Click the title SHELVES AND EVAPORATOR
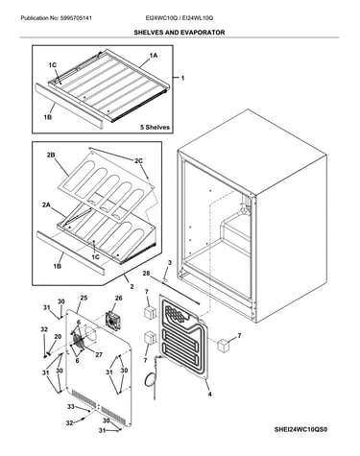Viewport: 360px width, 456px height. click(180, 33)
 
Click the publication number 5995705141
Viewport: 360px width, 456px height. click(76, 18)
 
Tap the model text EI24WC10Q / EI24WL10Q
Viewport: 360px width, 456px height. click(180, 18)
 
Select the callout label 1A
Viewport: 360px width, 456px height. click(154, 56)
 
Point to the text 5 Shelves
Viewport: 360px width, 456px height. click(155, 128)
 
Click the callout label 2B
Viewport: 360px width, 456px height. click(51, 156)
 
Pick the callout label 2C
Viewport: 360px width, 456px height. click(138, 161)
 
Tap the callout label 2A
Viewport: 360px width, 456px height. click(46, 205)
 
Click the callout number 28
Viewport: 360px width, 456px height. click(146, 274)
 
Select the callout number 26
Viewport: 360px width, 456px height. click(118, 299)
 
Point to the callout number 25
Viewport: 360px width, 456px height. click(84, 298)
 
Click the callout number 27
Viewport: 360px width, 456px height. click(99, 354)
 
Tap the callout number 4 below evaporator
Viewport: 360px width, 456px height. click(209, 395)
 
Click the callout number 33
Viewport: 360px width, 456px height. click(71, 407)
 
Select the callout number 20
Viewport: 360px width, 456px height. click(58, 336)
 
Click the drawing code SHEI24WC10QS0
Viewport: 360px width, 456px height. click(300, 429)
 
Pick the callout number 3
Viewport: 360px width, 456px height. click(170, 263)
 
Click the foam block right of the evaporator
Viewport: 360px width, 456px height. click(224, 347)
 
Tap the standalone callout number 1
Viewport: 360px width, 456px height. click(182, 78)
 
